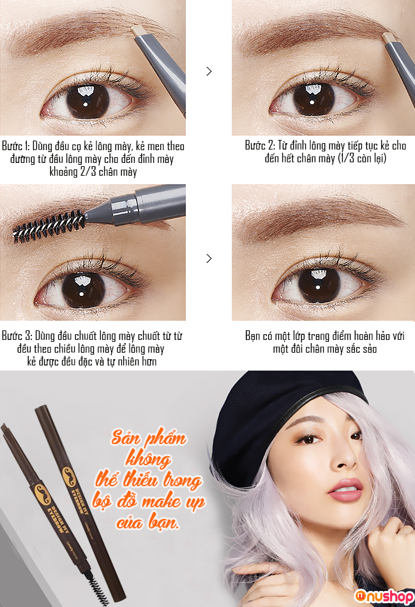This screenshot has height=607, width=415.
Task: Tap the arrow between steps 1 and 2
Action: click(209, 71)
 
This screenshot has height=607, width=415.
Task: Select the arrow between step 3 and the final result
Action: click(209, 258)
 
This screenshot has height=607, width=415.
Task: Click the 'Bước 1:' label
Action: click(16, 146)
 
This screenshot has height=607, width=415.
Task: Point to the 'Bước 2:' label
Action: click(259, 146)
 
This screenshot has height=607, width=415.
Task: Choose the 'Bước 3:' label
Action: click(17, 335)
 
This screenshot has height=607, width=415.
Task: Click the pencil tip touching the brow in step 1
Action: click(136, 31)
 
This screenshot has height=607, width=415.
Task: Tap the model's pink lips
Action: click(345, 490)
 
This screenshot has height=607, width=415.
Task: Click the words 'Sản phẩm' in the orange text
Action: click(149, 438)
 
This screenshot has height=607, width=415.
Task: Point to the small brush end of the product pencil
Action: click(96, 588)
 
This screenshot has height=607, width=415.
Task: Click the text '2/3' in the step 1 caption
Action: click(88, 171)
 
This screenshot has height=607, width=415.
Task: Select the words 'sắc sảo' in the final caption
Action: click(361, 348)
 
